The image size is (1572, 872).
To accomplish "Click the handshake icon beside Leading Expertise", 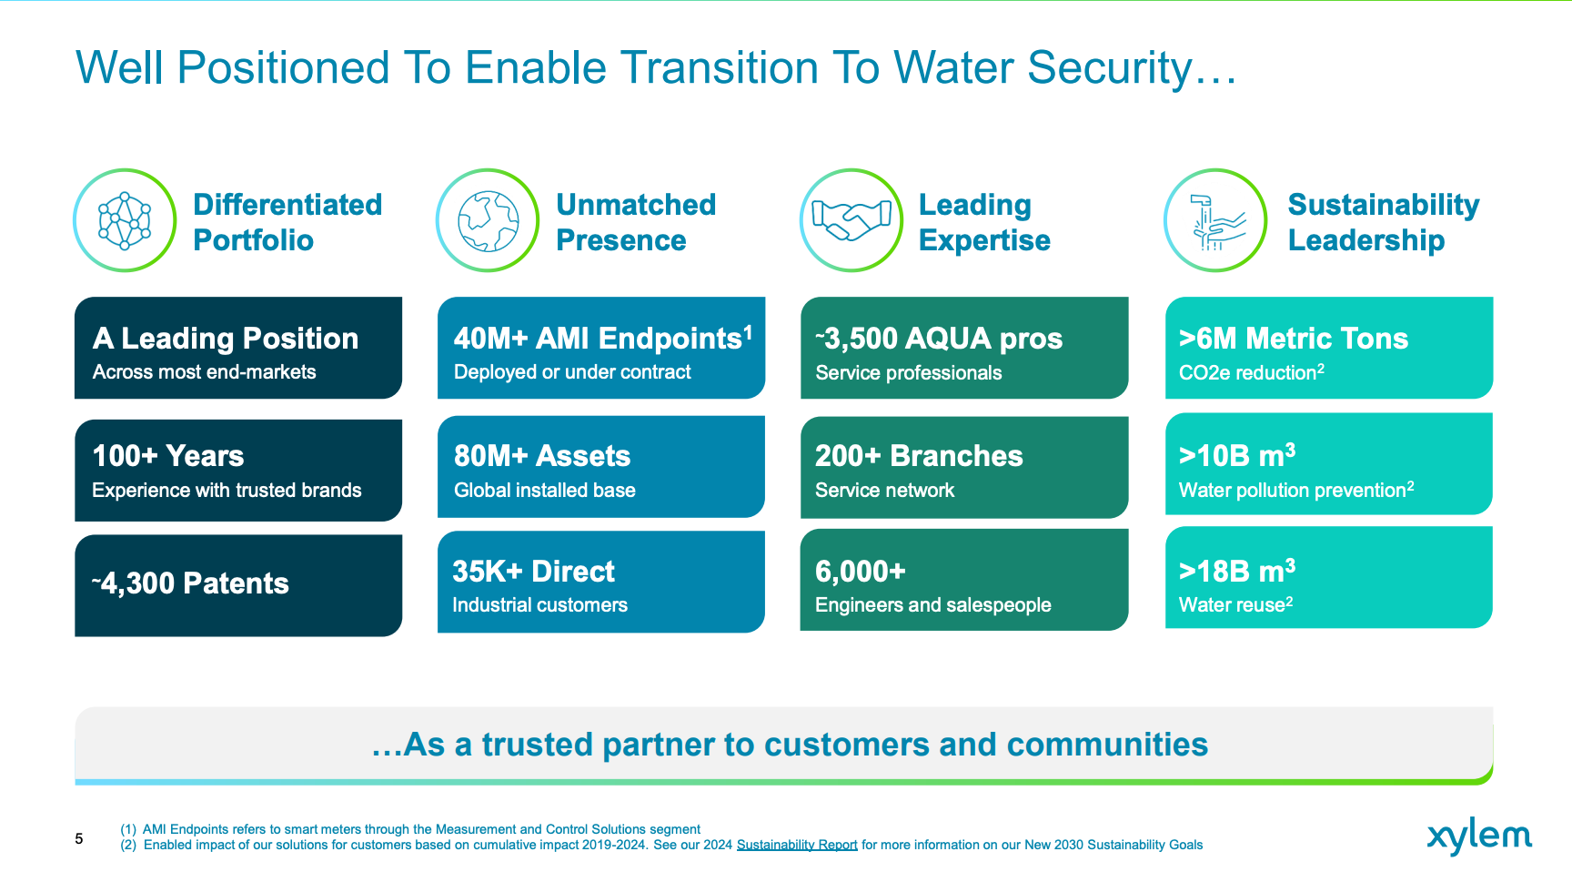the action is (x=851, y=220).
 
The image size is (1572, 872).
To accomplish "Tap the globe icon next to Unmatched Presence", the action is (x=489, y=220).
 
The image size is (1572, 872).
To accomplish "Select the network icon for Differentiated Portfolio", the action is (x=125, y=220).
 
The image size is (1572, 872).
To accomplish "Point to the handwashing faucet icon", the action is (x=1215, y=220).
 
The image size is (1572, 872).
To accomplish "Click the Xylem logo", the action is (x=1479, y=837).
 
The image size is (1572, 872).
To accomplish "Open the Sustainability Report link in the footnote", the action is (x=797, y=845).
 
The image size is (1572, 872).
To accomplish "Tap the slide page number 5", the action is (x=79, y=838).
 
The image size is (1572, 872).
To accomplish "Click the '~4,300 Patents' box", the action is (x=238, y=585).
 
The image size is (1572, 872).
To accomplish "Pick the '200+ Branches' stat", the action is (x=919, y=456).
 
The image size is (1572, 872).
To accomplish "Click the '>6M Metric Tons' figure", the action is (x=1294, y=339).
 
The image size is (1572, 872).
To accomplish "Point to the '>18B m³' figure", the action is (x=1237, y=571).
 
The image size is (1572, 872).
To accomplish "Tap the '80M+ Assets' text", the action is (x=542, y=456).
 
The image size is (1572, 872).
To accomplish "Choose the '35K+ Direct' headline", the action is (x=534, y=572).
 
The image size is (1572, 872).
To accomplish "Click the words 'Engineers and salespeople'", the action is (x=933, y=605).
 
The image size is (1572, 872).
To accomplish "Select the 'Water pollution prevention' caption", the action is (x=1296, y=490).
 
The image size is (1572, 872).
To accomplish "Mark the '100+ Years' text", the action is (x=168, y=456).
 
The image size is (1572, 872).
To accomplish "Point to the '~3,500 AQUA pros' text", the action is (x=939, y=339).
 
